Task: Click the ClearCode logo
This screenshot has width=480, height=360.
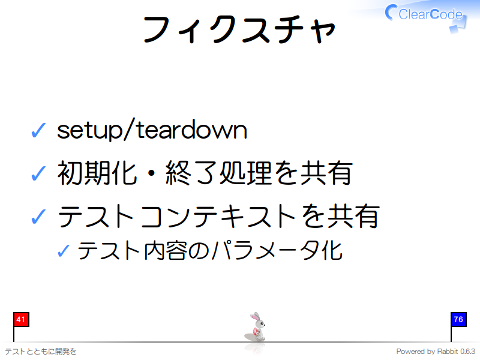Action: point(425,14)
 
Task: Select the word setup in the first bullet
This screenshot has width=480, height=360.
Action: point(89,130)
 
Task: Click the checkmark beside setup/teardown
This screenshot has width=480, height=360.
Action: point(37,130)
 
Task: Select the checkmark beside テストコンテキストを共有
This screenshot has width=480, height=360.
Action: point(37,216)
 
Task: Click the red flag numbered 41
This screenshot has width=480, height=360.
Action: point(20,319)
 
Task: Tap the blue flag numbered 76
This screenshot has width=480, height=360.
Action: point(458,319)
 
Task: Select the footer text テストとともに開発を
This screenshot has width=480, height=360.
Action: point(40,351)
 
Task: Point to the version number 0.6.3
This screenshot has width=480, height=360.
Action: point(467,351)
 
